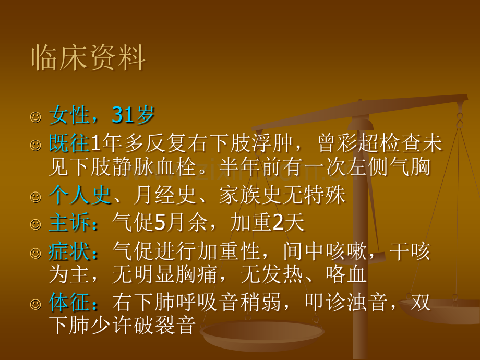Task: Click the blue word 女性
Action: tap(69, 115)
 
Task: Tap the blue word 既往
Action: tap(69, 143)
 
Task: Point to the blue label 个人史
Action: tap(80, 196)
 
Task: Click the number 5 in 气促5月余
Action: tap(160, 224)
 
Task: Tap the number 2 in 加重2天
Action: tap(278, 224)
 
